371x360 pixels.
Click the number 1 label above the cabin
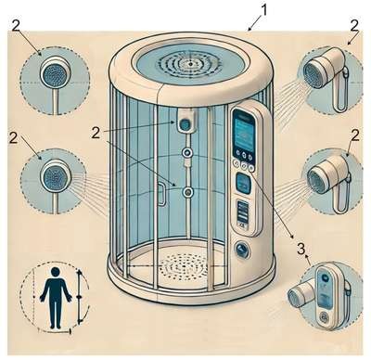[x=263, y=11]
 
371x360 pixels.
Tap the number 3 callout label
[x=301, y=249]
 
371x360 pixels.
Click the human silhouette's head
[x=56, y=272]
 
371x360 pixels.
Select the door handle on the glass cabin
[x=161, y=194]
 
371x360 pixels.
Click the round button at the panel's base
[x=242, y=250]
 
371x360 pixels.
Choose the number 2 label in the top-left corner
[x=16, y=26]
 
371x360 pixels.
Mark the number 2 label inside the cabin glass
[x=96, y=134]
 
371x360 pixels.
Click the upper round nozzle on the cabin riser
[x=187, y=152]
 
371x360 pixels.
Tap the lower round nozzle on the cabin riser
[x=187, y=192]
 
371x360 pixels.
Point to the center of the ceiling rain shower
[x=191, y=64]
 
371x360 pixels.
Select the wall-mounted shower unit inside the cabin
[x=185, y=122]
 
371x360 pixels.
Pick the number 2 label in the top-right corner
[x=354, y=26]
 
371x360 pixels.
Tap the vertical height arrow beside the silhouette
[x=80, y=296]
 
